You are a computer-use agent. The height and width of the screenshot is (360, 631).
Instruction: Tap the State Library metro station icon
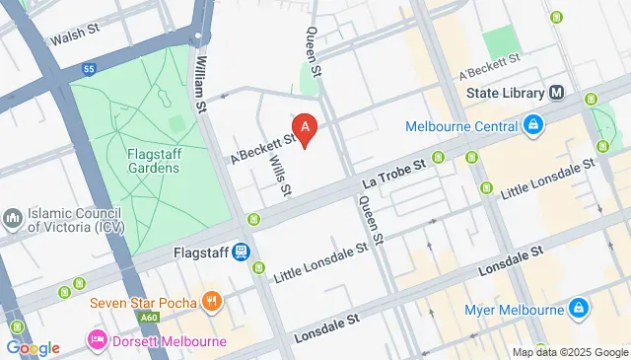pos(557,94)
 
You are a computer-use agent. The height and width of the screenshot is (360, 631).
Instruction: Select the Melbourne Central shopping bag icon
pos(532,125)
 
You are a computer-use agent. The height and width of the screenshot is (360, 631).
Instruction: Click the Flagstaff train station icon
pos(240,252)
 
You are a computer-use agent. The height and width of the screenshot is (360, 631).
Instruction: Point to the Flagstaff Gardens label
pos(152,160)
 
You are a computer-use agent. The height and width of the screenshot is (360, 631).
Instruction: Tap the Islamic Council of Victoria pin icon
pos(13,216)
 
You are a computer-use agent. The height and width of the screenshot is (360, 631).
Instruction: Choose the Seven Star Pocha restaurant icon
pos(209,300)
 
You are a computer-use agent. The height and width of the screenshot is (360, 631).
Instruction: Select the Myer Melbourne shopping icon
pos(582,312)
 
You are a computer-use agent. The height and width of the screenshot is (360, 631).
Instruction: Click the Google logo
pos(33,347)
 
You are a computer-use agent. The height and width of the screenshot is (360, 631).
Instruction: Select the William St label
pos(202,84)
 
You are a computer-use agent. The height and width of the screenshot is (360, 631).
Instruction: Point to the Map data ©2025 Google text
pos(570,352)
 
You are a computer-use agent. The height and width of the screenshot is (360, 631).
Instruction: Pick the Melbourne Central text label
pos(461,126)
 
